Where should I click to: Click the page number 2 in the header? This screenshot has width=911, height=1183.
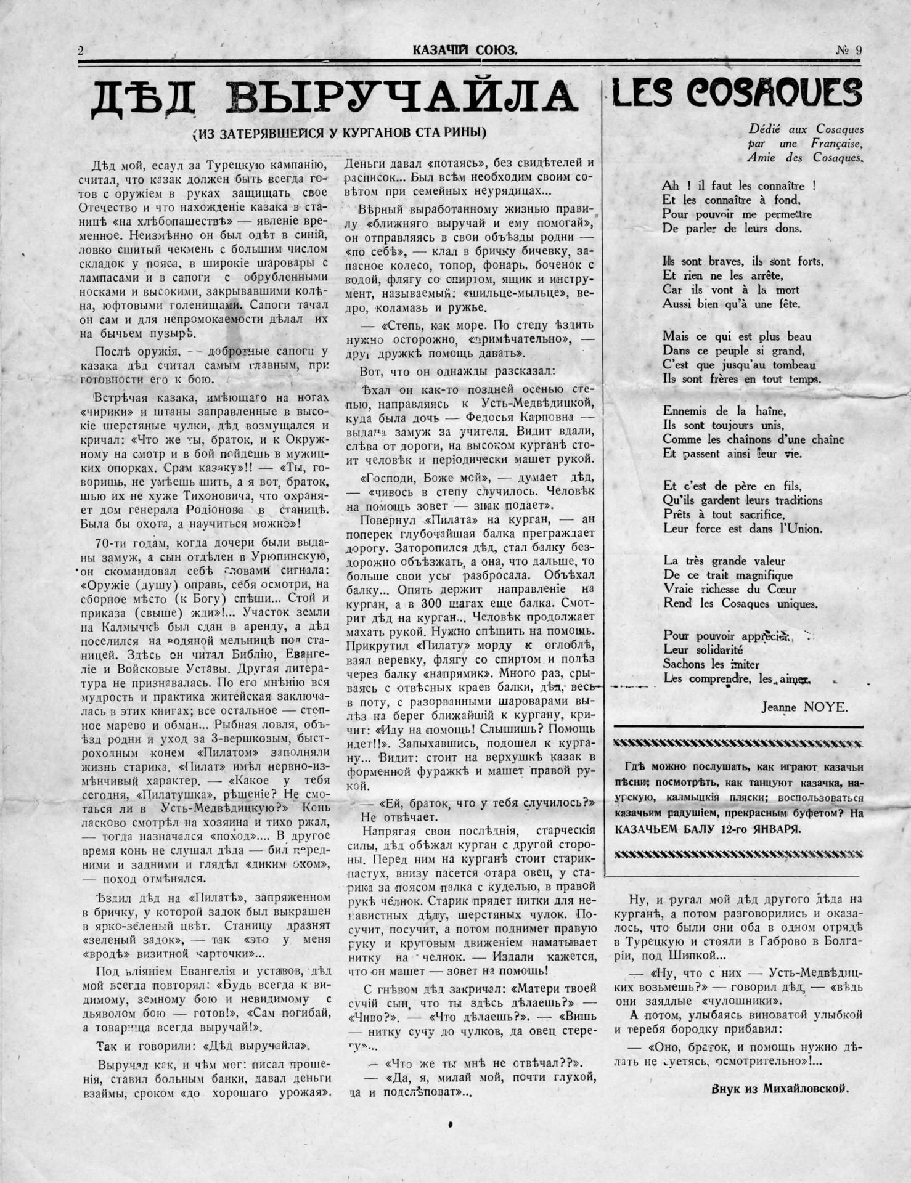click(x=81, y=52)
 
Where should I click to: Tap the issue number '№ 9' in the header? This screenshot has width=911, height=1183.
click(x=849, y=52)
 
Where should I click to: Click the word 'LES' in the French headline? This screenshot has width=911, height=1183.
click(x=641, y=92)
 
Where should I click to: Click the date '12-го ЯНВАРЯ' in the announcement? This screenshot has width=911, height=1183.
click(x=768, y=829)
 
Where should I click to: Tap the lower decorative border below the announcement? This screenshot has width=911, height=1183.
click(x=738, y=854)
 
